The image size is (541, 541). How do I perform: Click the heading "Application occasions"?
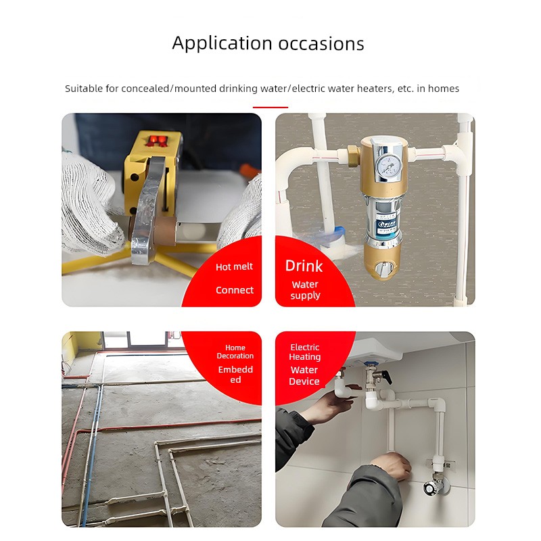(x=268, y=43)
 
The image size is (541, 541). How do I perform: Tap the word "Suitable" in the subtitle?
(x=84, y=89)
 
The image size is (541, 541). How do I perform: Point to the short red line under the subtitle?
(x=270, y=108)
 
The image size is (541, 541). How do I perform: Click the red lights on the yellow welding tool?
(x=158, y=140)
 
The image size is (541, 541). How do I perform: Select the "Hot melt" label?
(x=234, y=266)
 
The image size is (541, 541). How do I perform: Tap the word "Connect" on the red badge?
(x=235, y=290)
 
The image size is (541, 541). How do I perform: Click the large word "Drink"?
(x=304, y=266)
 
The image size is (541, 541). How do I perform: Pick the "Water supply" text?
(x=306, y=290)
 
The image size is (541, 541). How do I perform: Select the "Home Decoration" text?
(x=235, y=352)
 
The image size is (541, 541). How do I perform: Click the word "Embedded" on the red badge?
(x=235, y=375)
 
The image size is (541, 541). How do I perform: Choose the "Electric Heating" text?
(x=305, y=352)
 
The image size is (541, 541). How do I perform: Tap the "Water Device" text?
(x=304, y=376)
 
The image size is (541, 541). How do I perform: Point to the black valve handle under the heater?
(x=386, y=377)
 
